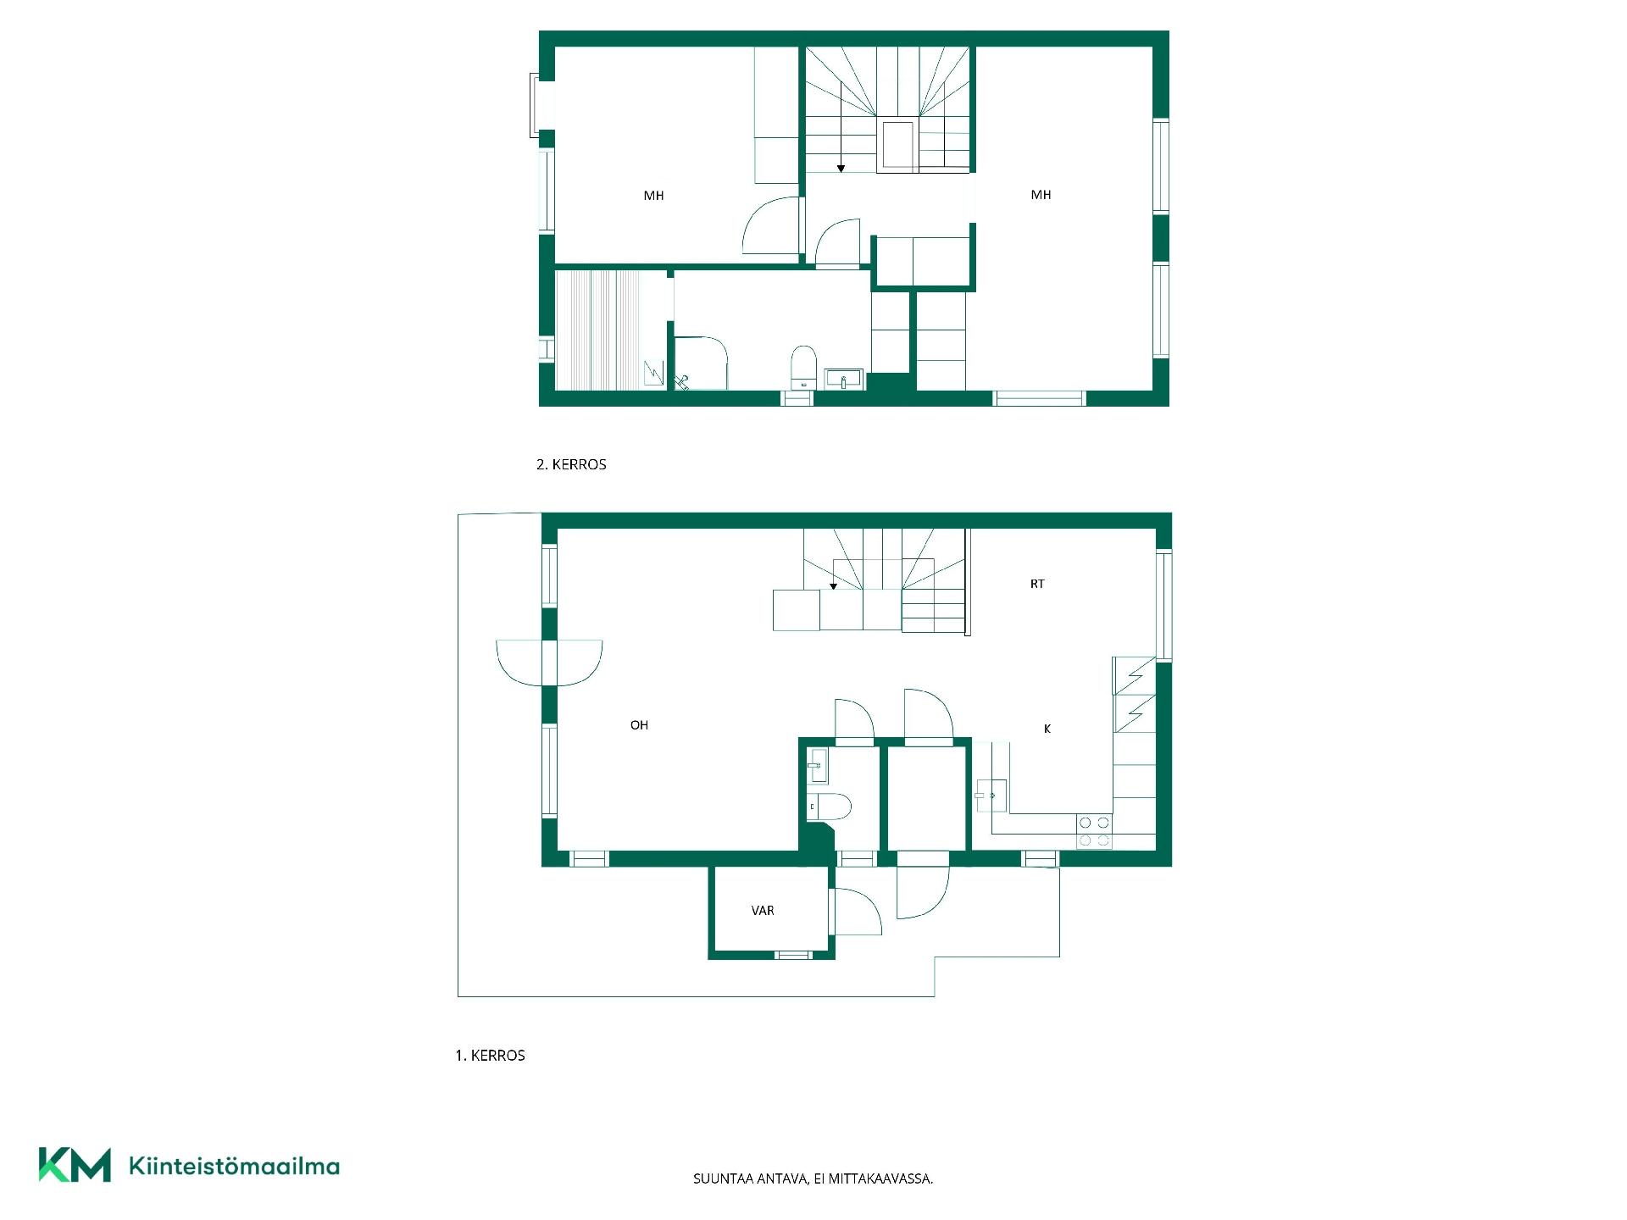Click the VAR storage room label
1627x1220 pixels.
pos(763,911)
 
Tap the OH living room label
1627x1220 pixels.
pos(639,725)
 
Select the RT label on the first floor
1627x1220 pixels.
pos(1037,584)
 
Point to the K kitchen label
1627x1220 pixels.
pos(1047,729)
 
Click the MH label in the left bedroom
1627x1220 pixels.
pos(653,196)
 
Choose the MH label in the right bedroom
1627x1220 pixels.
pos(1041,195)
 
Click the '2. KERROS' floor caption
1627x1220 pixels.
pos(571,464)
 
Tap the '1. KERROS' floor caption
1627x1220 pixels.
pos(490,1056)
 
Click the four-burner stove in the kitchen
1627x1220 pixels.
pos(1094,832)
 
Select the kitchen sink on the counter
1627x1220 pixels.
pos(991,796)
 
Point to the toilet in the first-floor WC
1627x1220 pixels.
pos(830,807)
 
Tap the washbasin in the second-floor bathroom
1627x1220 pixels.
pos(843,379)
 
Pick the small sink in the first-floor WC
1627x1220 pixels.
pos(818,766)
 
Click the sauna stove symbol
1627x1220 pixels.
pos(654,373)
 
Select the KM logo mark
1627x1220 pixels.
pos(75,1165)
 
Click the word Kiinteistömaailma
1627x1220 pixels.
pos(234,1167)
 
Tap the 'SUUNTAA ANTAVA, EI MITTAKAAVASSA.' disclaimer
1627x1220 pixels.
pos(813,1178)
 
